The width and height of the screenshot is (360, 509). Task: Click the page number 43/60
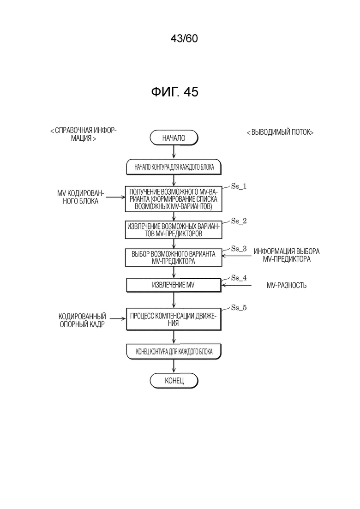pos(184,39)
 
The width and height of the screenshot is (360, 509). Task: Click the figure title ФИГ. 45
pos(174,92)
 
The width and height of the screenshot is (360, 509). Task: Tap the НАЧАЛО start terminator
pos(174,138)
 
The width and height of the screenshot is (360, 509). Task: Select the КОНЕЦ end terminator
pos(174,380)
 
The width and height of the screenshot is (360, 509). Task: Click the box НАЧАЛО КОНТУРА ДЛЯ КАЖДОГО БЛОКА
pos(174,167)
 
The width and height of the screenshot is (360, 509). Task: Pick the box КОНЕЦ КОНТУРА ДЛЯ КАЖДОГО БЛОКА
pos(174,352)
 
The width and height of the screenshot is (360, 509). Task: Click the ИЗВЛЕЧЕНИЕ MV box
pos(174,285)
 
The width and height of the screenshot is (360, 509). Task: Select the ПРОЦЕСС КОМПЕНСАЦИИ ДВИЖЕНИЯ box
pos(174,319)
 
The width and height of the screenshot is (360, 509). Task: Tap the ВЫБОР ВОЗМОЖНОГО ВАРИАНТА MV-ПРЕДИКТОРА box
pos(174,257)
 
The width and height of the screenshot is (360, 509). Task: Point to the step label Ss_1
pos(239,186)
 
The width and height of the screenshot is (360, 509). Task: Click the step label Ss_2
pos(239,221)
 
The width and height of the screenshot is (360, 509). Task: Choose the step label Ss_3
pos(239,249)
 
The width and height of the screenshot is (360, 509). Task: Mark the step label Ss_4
pos(239,278)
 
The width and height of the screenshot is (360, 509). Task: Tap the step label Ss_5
pos(239,308)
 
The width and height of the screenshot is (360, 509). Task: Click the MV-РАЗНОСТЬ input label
pos(287,285)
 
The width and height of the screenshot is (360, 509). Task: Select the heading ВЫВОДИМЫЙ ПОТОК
pos(280,132)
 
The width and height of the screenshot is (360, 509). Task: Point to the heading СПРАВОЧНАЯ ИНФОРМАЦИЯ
pos(84,134)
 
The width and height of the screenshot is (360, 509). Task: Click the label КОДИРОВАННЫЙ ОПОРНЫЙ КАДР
pos(82,320)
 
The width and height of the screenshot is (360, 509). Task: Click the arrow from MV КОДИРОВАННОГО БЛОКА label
pos(115,197)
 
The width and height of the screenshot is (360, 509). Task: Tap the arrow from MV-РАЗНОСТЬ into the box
pos(236,285)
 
